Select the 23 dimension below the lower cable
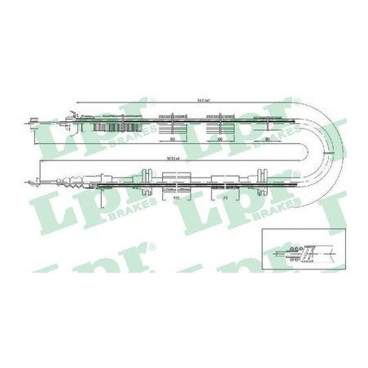pyautogui.click(x=223, y=197)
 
